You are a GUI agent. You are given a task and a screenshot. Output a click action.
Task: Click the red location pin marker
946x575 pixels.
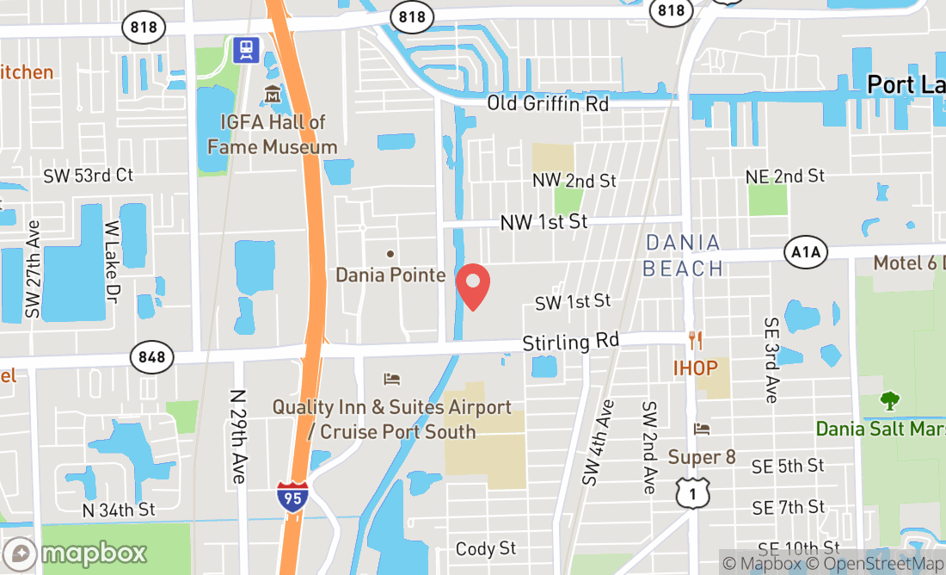tap(472, 287)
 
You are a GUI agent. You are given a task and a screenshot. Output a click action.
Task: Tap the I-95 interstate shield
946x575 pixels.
tap(293, 497)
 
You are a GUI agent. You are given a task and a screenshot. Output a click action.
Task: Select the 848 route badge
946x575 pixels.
tap(152, 356)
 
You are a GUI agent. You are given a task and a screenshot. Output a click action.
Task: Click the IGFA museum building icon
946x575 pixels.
tap(273, 94)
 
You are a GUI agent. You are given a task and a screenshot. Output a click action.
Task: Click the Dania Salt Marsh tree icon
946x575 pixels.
tap(889, 400)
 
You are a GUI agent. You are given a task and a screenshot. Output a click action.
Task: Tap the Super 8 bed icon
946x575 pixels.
tap(702, 429)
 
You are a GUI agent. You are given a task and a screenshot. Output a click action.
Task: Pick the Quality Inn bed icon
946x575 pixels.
tap(391, 379)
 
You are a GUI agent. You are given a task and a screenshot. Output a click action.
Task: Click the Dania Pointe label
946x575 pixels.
tap(390, 275)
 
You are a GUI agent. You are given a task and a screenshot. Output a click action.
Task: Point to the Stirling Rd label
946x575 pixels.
tap(570, 343)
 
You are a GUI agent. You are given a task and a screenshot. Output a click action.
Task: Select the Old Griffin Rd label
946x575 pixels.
tap(548, 103)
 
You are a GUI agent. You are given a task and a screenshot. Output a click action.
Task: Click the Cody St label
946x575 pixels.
tap(486, 548)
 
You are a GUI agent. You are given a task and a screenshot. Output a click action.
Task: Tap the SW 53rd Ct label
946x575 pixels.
tap(89, 176)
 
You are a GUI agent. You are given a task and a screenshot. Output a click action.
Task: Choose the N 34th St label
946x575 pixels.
tap(118, 510)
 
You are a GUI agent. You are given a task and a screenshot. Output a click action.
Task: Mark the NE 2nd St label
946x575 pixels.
tap(785, 176)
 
